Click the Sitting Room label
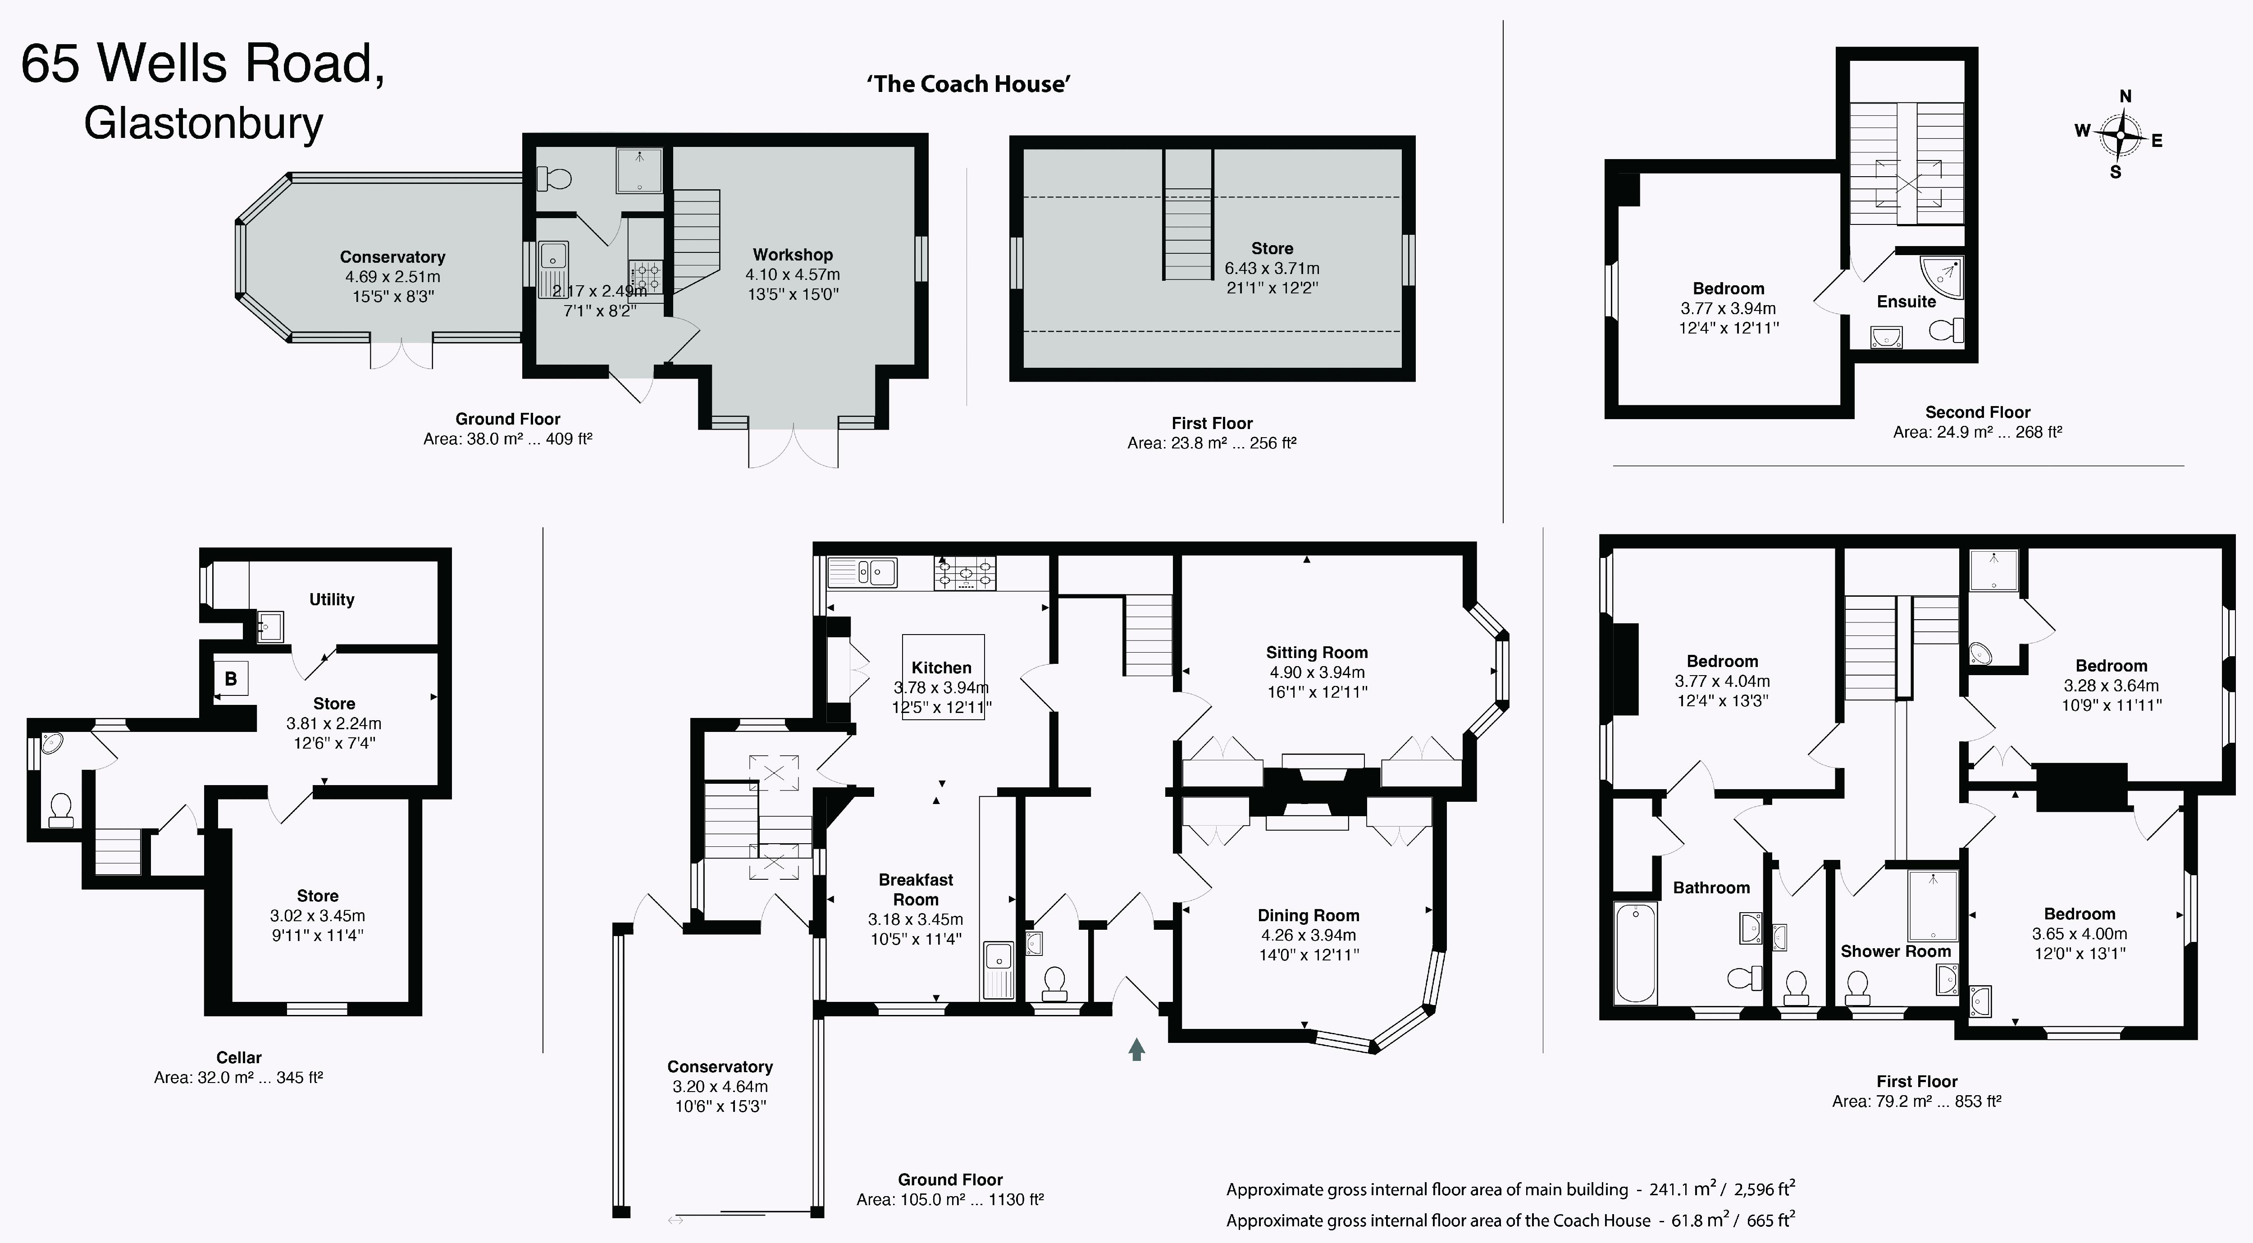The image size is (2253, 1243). point(1316,653)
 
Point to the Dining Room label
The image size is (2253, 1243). point(1309,916)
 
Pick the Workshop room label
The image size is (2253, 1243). point(793,255)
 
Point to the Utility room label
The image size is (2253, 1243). point(332,600)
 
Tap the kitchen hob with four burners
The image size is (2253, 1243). point(966,574)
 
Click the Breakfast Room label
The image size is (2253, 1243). point(916,890)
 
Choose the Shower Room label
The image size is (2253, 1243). point(1895,952)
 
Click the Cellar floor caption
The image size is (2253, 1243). point(239,1058)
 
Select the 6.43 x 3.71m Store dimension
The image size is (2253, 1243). point(1272,269)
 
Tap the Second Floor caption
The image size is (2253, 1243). point(1978,412)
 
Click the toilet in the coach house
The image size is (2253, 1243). point(554,179)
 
